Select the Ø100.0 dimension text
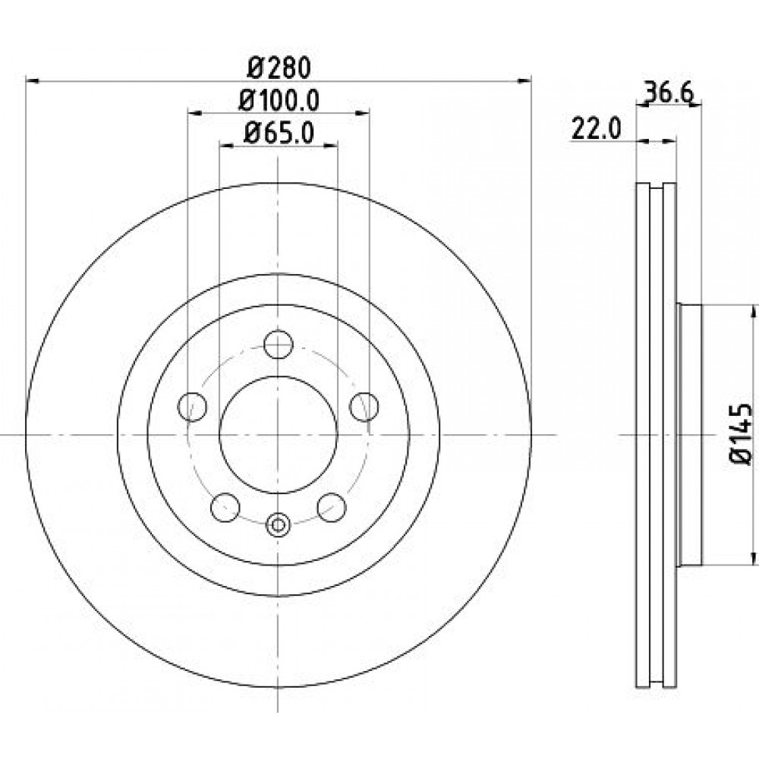(x=279, y=101)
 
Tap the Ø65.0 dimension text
(x=279, y=133)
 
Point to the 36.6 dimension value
(x=669, y=93)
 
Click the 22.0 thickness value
(x=596, y=129)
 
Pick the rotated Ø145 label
(x=741, y=434)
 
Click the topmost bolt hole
(x=279, y=344)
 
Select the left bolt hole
(x=193, y=407)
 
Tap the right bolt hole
(x=364, y=407)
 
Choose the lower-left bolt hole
(x=225, y=507)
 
